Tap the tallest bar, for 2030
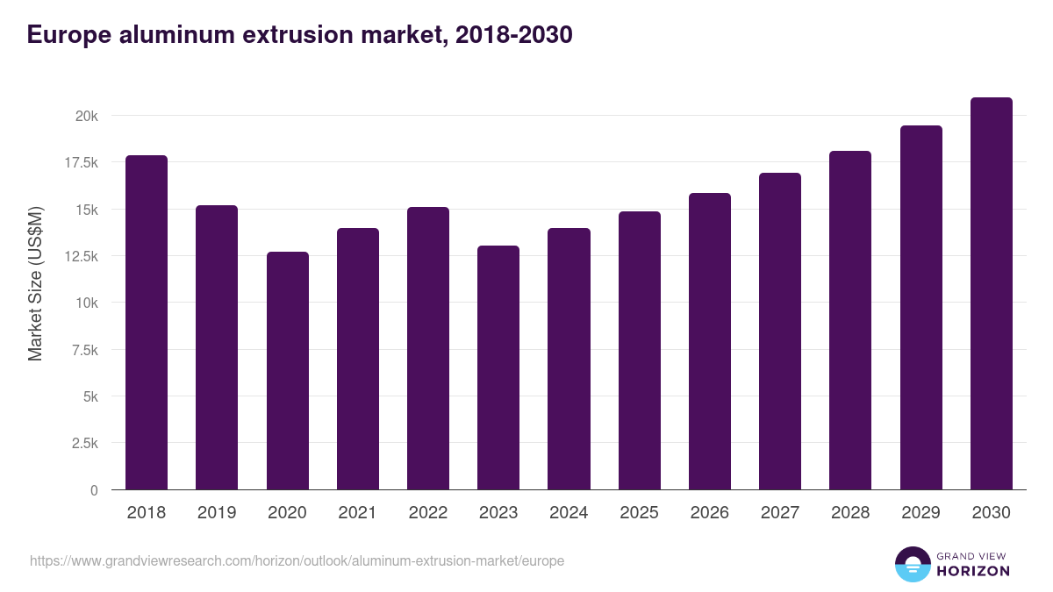(x=991, y=294)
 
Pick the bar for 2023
(x=498, y=367)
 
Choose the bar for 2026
(x=709, y=341)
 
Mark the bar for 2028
(x=850, y=320)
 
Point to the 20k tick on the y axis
(x=85, y=116)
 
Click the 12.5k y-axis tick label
(x=80, y=256)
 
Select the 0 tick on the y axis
(x=94, y=490)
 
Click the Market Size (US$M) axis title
(x=35, y=284)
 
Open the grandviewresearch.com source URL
(x=297, y=560)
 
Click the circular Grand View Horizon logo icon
(x=912, y=564)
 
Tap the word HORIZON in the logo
(x=973, y=571)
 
